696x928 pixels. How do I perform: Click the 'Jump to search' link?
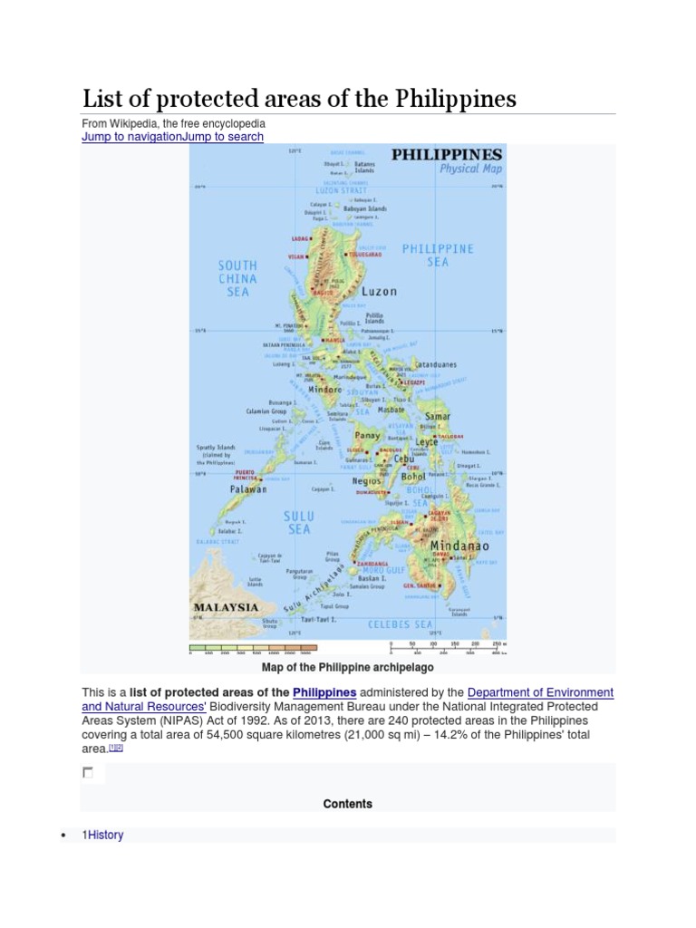pyautogui.click(x=223, y=137)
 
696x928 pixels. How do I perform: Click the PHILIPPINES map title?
pyautogui.click(x=446, y=155)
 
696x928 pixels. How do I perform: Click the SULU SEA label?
pyautogui.click(x=299, y=522)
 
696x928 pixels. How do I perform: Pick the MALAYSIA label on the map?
pyautogui.click(x=227, y=607)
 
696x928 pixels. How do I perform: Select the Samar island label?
pyautogui.click(x=438, y=417)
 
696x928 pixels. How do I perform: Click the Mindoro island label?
pyautogui.click(x=325, y=390)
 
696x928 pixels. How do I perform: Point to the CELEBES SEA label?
pyautogui.click(x=400, y=624)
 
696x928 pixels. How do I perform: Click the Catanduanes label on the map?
pyautogui.click(x=435, y=365)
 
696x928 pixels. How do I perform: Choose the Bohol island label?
pyautogui.click(x=414, y=477)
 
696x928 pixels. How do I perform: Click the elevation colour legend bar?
pyautogui.click(x=253, y=647)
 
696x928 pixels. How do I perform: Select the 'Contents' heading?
pyautogui.click(x=347, y=804)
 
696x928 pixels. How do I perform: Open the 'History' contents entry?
pyautogui.click(x=105, y=835)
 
